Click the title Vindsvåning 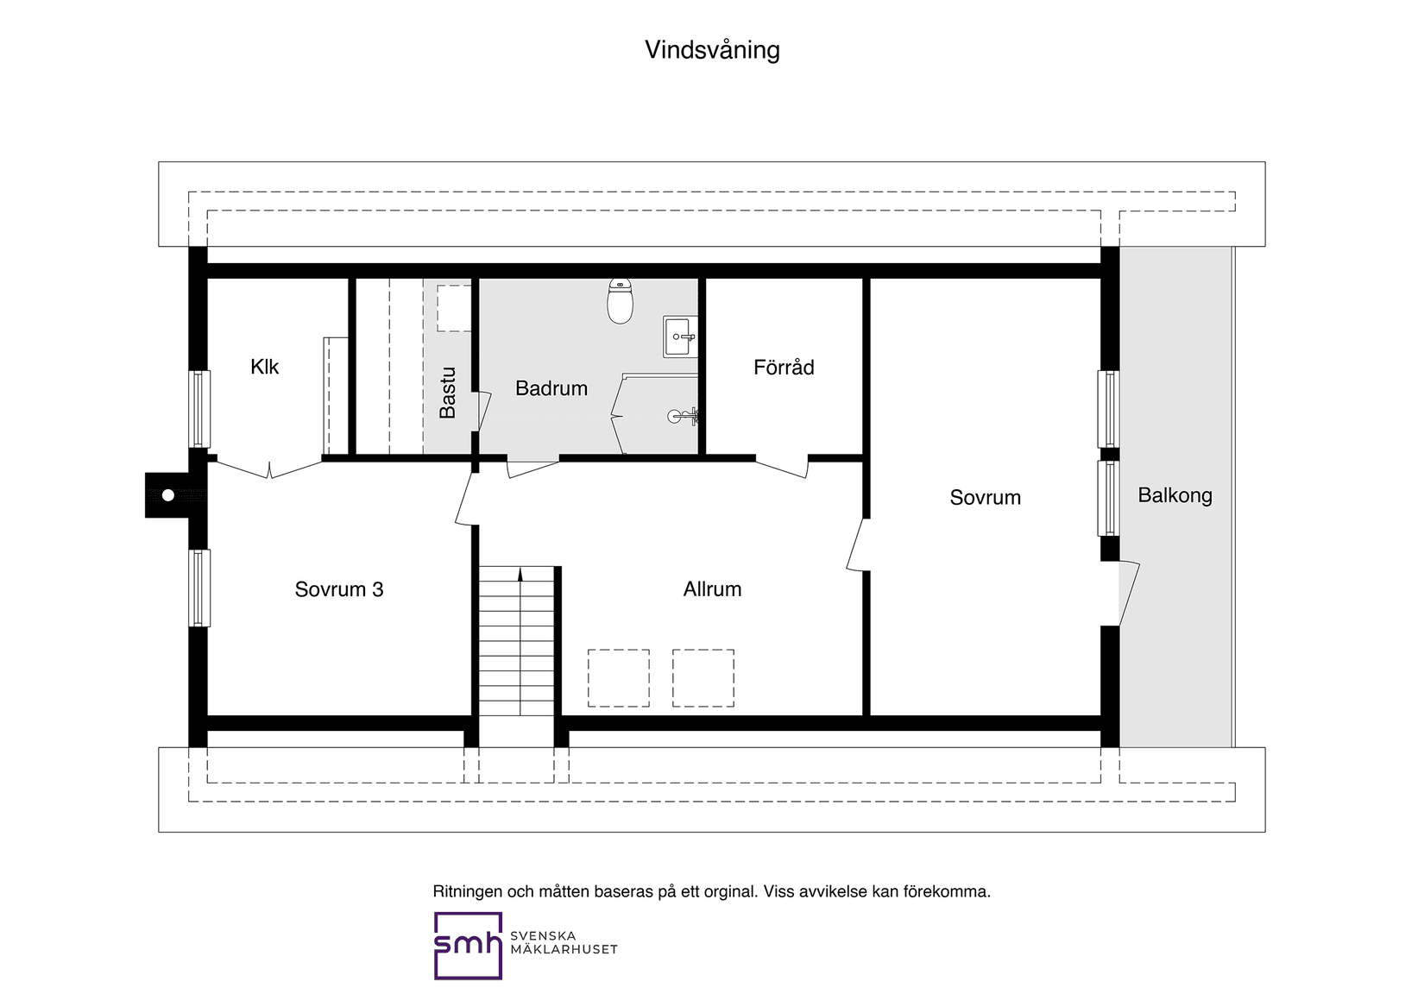point(712,50)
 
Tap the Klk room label point(264,367)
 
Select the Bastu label point(448,393)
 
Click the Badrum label point(551,388)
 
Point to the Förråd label point(784,367)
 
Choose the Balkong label point(1175,496)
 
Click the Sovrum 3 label point(339,589)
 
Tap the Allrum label point(712,589)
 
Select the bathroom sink point(680,337)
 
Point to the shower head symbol point(683,416)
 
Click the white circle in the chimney point(167,495)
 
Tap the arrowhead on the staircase point(520,575)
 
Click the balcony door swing point(1130,593)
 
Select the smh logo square point(468,946)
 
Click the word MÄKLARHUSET point(564,949)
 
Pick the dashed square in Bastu point(454,308)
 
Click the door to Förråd point(782,467)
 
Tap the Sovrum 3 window point(199,588)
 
